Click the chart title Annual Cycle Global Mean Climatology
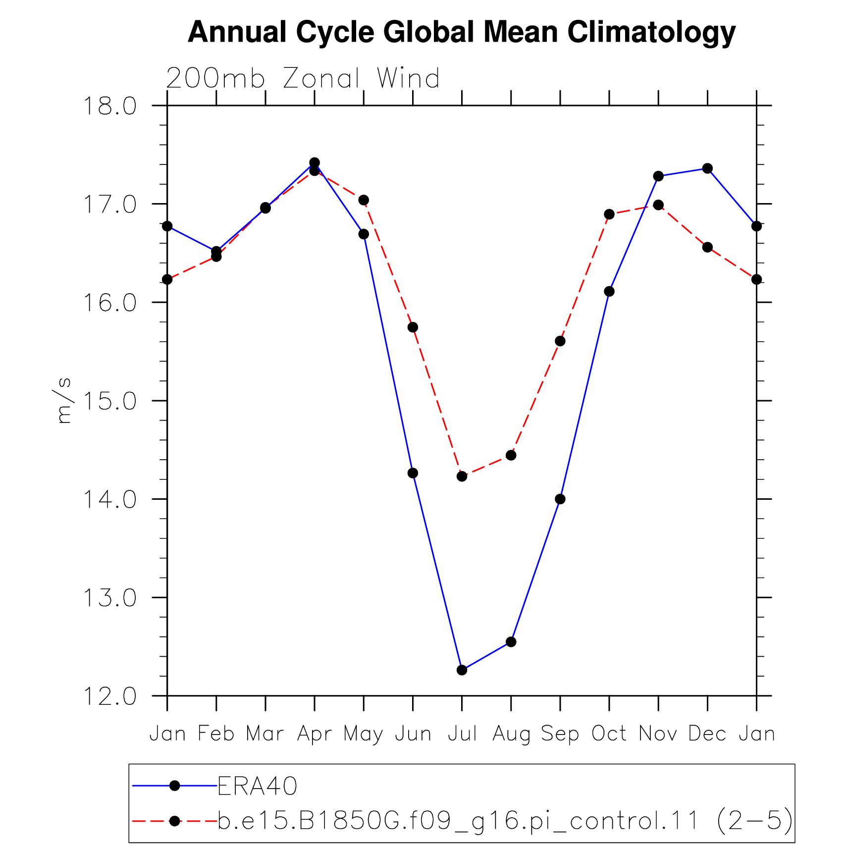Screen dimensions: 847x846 pos(462,33)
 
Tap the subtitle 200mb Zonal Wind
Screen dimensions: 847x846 pos(303,78)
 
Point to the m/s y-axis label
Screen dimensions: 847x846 pos(63,401)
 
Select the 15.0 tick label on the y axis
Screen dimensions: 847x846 pos(109,401)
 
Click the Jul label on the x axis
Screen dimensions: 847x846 pos(462,734)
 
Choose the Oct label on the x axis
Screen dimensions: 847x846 pos(609,734)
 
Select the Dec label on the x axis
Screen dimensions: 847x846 pos(707,734)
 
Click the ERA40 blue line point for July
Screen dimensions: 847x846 pos(462,670)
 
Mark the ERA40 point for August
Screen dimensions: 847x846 pos(511,642)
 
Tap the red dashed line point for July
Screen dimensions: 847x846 pos(462,476)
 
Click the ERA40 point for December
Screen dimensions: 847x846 pos(707,168)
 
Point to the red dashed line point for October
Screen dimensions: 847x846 pos(609,214)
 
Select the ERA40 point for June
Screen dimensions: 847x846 pos(413,473)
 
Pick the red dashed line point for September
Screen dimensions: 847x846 pos(560,341)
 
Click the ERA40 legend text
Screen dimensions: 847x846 pos(258,786)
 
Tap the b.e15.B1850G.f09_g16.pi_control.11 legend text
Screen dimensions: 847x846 pos(459,821)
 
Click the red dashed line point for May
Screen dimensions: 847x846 pos(364,200)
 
